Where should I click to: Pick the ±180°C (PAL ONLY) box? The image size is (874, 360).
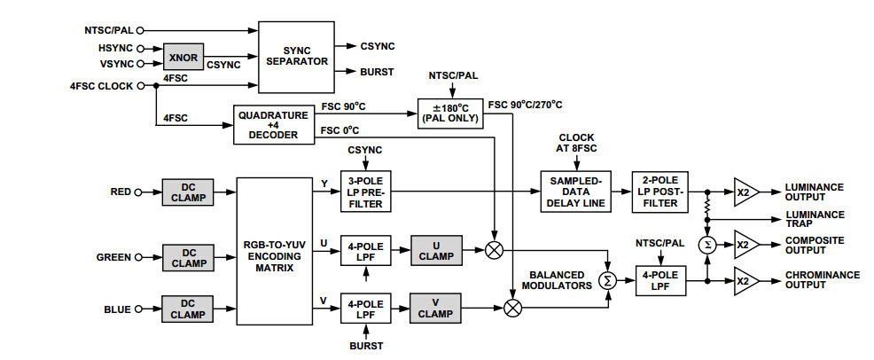pos(450,113)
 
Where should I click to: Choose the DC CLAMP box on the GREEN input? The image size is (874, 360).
pos(188,257)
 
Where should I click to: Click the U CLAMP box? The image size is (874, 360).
pos(435,250)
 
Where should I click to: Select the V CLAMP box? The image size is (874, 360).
pos(435,307)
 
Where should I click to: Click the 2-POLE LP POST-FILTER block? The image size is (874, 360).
pos(659,192)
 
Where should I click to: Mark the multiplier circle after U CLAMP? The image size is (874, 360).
pos(495,250)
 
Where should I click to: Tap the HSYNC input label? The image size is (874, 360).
pos(113,47)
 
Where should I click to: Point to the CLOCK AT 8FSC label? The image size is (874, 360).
pos(577,144)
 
